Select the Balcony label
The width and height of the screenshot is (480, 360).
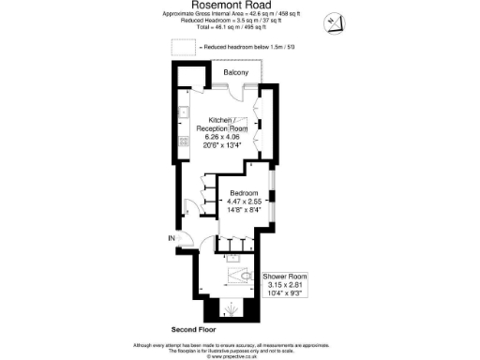tap(235, 72)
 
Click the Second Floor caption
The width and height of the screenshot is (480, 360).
tap(195, 329)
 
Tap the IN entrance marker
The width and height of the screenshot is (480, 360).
tap(172, 238)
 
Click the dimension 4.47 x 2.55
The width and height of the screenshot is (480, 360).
tap(234, 202)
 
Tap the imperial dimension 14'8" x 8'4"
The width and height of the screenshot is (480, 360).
tap(234, 210)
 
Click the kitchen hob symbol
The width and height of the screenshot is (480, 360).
tap(186, 146)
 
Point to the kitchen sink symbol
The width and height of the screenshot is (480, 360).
tap(187, 114)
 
